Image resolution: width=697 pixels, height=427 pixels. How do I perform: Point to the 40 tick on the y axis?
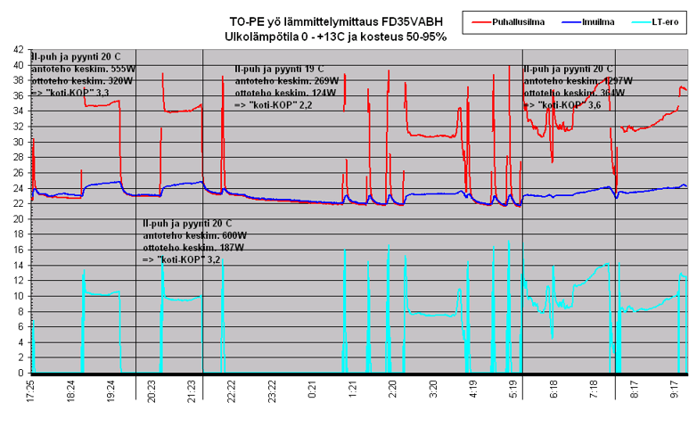[19, 65]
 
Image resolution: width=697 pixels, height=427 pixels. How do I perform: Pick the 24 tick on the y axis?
[19, 188]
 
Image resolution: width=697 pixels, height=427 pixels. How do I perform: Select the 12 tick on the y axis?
[19, 281]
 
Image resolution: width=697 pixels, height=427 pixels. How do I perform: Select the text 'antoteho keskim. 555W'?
[83, 68]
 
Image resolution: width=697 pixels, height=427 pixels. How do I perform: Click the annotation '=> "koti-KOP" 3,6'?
[562, 105]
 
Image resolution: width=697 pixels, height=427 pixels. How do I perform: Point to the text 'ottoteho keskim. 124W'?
[281, 93]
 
